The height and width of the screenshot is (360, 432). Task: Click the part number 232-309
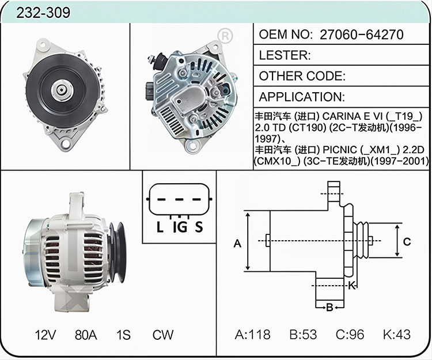pyautogui.click(x=43, y=13)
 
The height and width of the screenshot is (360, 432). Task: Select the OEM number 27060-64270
pyautogui.click(x=362, y=35)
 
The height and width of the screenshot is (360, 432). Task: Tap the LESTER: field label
pyautogui.click(x=285, y=55)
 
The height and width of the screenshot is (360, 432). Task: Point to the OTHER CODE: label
pyautogui.click(x=302, y=76)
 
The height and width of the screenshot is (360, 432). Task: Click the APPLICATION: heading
pyautogui.click(x=302, y=97)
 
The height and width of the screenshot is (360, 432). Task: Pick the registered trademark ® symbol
pyautogui.click(x=225, y=36)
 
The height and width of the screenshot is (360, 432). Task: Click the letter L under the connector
pyautogui.click(x=160, y=228)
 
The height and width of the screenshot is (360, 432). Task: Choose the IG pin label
pyautogui.click(x=180, y=228)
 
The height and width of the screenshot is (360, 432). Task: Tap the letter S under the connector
pyautogui.click(x=199, y=228)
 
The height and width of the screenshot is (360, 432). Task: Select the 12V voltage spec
pyautogui.click(x=46, y=335)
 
